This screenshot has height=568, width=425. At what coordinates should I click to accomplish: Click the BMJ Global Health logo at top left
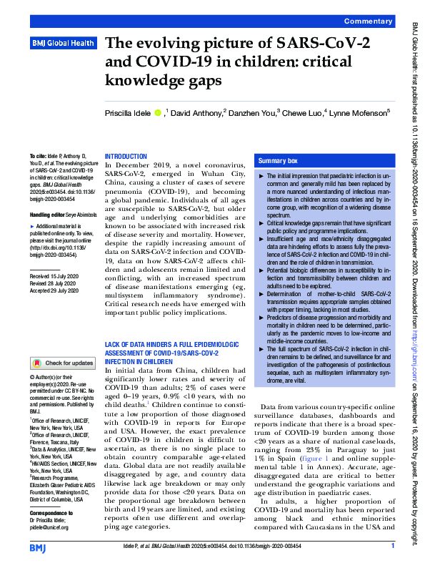pyautogui.click(x=63, y=44)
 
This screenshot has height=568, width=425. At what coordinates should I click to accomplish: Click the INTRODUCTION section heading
pyautogui.click(x=126, y=156)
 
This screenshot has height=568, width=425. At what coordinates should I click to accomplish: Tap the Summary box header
pyautogui.click(x=278, y=162)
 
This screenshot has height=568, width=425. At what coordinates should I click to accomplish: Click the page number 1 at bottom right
pyautogui.click(x=393, y=547)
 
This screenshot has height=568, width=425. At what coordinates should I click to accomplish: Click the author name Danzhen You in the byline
pyautogui.click(x=253, y=112)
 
